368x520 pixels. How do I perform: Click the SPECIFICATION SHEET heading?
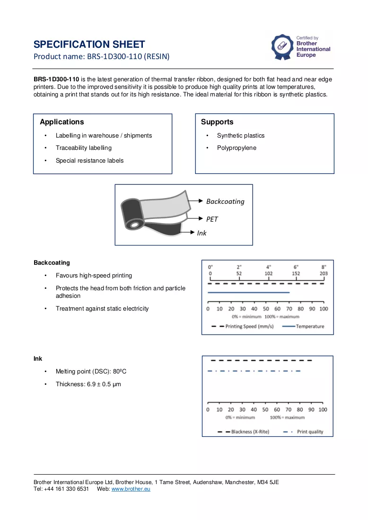click(89, 44)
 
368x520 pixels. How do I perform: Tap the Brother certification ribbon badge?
click(282, 47)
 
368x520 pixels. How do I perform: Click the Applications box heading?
click(62, 121)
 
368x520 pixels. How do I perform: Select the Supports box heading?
click(217, 121)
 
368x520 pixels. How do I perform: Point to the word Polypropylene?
click(237, 148)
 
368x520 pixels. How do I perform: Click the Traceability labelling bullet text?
click(84, 148)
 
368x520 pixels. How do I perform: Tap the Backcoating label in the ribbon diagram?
click(225, 201)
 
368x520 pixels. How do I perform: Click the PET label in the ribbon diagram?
click(212, 219)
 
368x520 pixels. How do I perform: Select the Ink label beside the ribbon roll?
click(202, 233)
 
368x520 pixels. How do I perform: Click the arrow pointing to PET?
click(195, 218)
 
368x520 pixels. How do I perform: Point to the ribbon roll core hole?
click(134, 225)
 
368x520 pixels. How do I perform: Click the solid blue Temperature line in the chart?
click(248, 293)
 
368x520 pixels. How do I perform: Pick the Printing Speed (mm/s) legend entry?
click(243, 326)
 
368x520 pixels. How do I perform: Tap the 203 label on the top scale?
click(324, 274)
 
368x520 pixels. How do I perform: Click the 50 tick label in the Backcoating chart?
click(266, 309)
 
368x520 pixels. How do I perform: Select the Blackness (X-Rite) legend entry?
click(243, 432)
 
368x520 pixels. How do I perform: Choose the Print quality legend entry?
click(303, 432)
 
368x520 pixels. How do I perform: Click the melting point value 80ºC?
click(120, 372)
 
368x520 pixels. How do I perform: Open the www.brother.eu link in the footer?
click(131, 489)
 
